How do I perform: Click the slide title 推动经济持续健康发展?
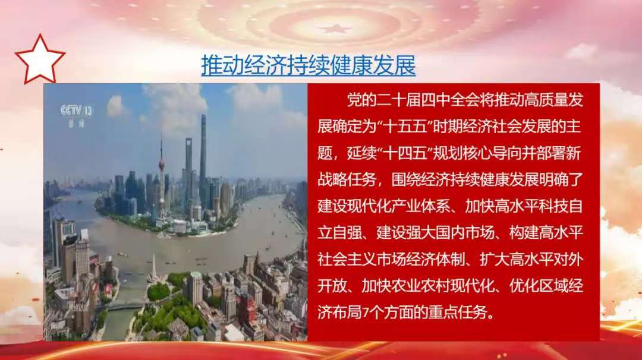(x=309, y=65)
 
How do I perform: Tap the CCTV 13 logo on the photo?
(x=77, y=115)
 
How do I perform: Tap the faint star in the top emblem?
(x=335, y=29)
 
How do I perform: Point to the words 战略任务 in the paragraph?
(x=347, y=180)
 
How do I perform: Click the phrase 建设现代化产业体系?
(x=383, y=207)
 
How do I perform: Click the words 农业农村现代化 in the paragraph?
(x=428, y=287)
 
